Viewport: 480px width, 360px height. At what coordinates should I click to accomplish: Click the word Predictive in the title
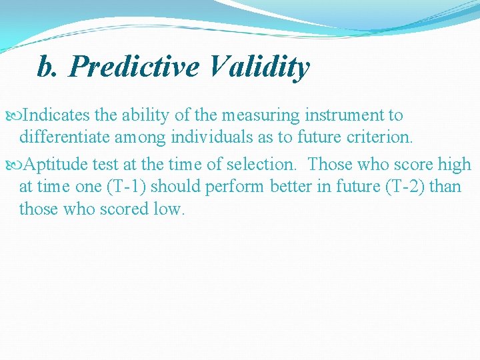tap(134, 67)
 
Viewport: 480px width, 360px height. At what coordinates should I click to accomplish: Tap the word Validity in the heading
tap(259, 67)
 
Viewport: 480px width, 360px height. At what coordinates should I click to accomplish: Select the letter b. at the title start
tap(47, 67)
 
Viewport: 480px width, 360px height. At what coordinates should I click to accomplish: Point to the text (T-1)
tap(129, 187)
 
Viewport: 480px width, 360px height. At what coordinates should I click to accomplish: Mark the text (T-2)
tap(402, 187)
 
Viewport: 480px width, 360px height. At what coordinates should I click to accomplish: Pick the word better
tap(294, 187)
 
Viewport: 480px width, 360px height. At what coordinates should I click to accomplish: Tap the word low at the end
tap(169, 209)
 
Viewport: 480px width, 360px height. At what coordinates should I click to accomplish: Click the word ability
tap(146, 115)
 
